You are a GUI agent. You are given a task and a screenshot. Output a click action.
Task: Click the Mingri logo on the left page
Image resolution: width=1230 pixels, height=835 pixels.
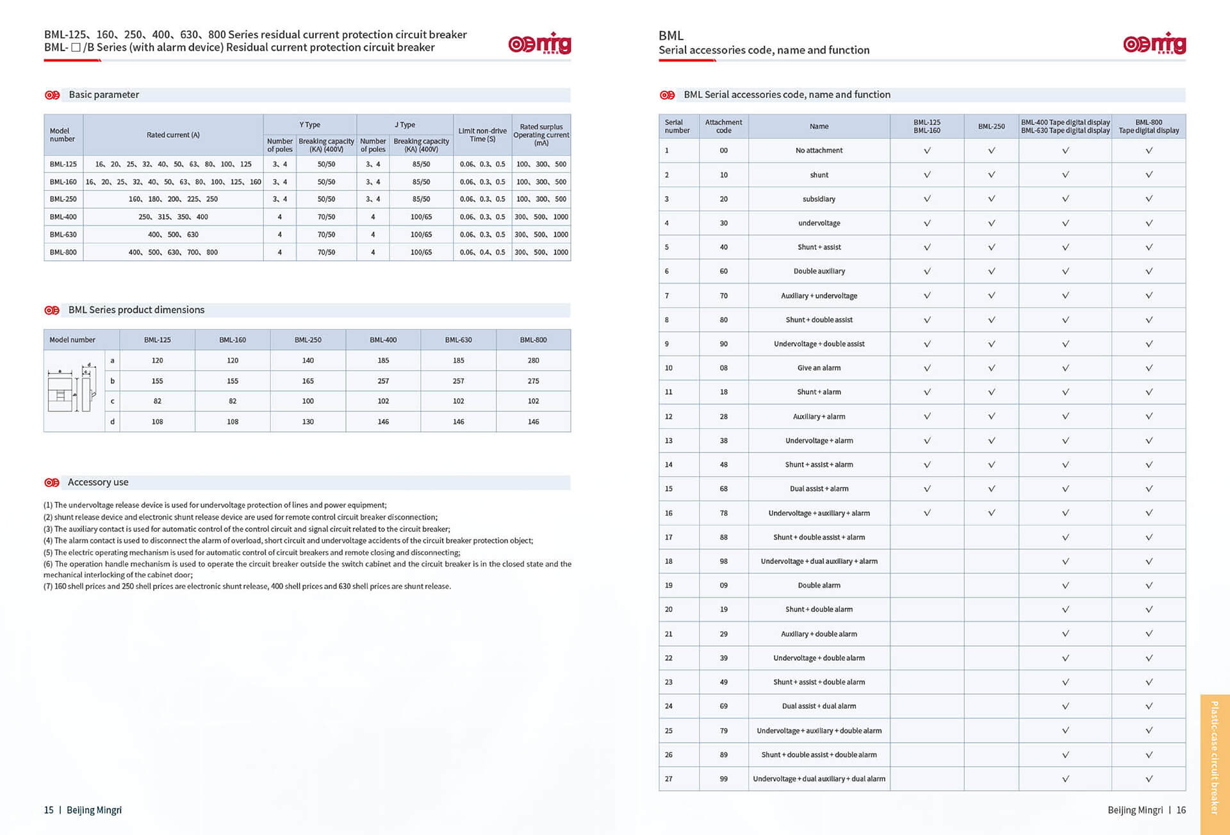(539, 44)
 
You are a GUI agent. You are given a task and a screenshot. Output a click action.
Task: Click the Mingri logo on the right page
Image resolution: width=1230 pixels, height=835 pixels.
(1154, 44)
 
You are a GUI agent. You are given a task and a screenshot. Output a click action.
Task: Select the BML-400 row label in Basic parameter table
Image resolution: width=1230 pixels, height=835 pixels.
(63, 217)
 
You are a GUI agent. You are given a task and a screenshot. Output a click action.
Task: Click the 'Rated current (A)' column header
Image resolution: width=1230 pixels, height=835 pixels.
(173, 135)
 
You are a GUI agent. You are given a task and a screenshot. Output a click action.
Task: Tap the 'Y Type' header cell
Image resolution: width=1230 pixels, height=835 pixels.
(309, 125)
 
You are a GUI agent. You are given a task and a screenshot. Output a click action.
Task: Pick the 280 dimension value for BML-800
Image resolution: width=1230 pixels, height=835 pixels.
(533, 361)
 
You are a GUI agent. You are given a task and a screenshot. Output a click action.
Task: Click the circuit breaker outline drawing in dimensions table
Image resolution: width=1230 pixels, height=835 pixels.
(72, 389)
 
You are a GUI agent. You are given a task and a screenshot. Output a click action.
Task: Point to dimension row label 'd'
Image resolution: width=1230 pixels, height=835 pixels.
(113, 422)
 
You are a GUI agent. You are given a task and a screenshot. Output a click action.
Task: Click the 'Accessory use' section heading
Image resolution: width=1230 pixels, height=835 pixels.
(98, 483)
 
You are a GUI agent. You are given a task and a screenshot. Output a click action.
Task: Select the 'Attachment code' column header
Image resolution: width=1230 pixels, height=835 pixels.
(723, 126)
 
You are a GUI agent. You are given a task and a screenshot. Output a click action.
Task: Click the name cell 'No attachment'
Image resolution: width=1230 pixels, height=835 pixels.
(819, 151)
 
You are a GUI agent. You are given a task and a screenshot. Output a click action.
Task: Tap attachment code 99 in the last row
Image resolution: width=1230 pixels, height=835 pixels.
(723, 779)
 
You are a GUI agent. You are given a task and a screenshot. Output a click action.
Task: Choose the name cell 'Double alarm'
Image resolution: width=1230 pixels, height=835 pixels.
(819, 586)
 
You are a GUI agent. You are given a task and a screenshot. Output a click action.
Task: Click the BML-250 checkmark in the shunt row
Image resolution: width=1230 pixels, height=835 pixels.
(991, 175)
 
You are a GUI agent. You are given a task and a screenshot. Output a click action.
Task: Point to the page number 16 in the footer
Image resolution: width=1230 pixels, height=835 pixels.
(1181, 811)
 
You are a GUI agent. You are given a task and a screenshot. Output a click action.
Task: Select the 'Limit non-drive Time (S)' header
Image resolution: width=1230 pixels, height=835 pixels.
(482, 135)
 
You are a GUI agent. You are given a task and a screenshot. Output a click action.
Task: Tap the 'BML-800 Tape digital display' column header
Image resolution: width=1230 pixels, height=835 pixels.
(1148, 126)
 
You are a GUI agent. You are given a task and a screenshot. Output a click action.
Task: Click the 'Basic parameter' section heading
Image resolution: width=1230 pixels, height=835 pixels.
(104, 95)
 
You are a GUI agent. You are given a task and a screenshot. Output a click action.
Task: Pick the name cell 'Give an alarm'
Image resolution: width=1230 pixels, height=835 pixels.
(819, 368)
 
